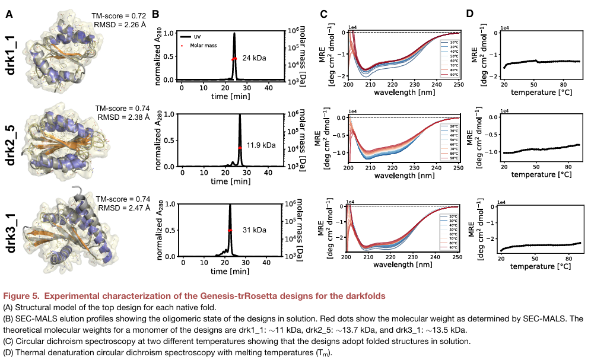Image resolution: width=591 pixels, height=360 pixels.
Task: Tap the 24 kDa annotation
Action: [254, 58]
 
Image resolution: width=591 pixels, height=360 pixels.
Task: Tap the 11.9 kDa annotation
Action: [258, 144]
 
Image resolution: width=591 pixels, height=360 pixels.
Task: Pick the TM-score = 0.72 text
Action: [119, 15]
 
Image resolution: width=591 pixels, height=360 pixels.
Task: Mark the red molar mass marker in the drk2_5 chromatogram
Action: [240, 146]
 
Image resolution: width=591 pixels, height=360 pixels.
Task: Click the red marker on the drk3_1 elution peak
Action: [230, 230]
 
